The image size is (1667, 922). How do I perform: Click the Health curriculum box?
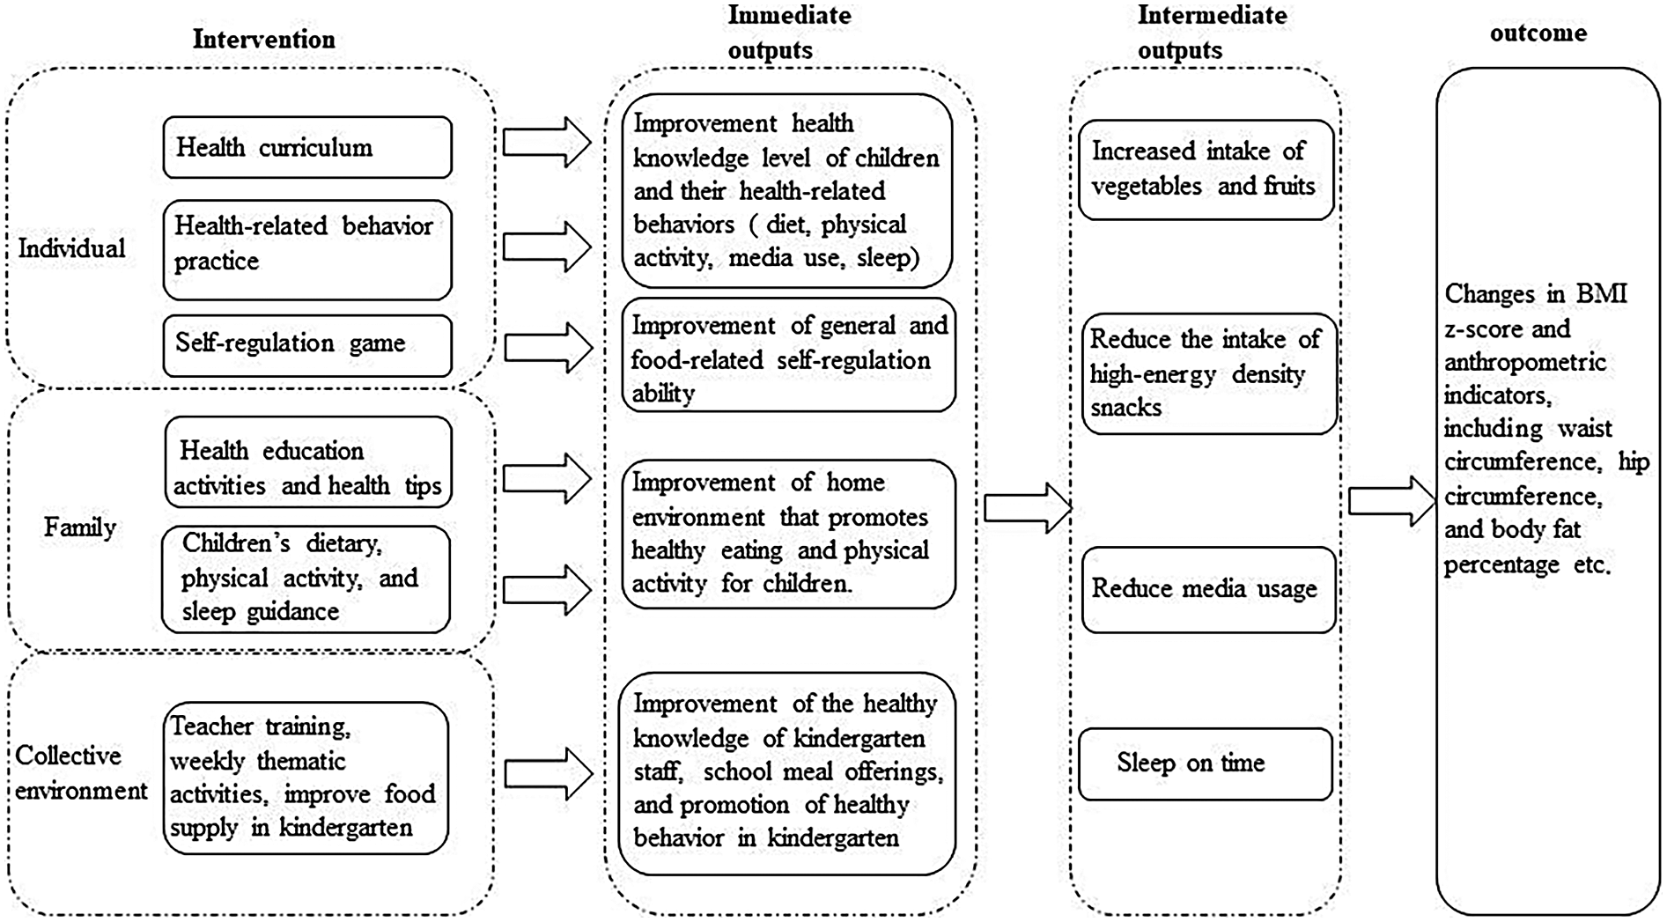click(x=307, y=147)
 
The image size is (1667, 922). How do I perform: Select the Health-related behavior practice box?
click(x=307, y=249)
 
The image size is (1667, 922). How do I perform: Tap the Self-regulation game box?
click(x=307, y=344)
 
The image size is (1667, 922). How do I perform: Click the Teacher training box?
click(x=306, y=778)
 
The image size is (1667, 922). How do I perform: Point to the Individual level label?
click(x=71, y=248)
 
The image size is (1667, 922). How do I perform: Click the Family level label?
click(x=79, y=527)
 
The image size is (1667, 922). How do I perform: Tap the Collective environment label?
click(x=81, y=773)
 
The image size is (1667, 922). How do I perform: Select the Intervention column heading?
click(x=263, y=40)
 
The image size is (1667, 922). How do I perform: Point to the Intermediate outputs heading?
click(x=1212, y=33)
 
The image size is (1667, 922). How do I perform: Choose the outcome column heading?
click(x=1538, y=33)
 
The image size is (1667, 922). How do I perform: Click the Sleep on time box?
click(x=1205, y=763)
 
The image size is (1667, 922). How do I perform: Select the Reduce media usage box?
click(x=1208, y=589)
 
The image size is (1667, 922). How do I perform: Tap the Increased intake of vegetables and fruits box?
click(x=1206, y=169)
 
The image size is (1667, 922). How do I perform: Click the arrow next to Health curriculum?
click(x=547, y=143)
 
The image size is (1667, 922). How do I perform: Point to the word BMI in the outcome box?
click(x=1601, y=293)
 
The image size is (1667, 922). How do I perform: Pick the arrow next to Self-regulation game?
click(x=547, y=347)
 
